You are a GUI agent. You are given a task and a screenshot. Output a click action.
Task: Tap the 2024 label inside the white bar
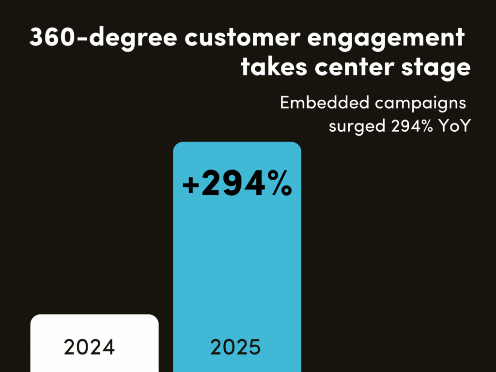click(x=89, y=347)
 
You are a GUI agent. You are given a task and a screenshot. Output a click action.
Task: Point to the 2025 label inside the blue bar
click(x=236, y=347)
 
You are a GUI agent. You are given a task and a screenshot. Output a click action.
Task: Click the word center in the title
click(x=357, y=67)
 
